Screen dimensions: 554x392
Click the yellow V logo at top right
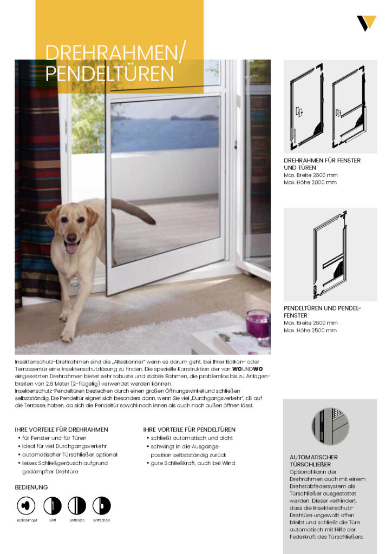[366, 23]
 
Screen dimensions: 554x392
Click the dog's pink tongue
[71, 248]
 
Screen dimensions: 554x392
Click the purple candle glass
[258, 324]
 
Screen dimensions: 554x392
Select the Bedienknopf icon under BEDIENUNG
[25, 505]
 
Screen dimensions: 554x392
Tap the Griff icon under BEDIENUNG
[53, 505]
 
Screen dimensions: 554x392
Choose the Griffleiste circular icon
[77, 505]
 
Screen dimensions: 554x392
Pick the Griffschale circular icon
[101, 505]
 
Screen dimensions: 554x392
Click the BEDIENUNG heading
[31, 487]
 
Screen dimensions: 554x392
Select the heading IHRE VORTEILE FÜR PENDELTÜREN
[190, 430]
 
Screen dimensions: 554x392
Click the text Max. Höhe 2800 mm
[310, 182]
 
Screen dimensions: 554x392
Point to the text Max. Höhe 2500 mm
[310, 330]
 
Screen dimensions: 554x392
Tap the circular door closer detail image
[330, 426]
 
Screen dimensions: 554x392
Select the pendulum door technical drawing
[330, 254]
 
